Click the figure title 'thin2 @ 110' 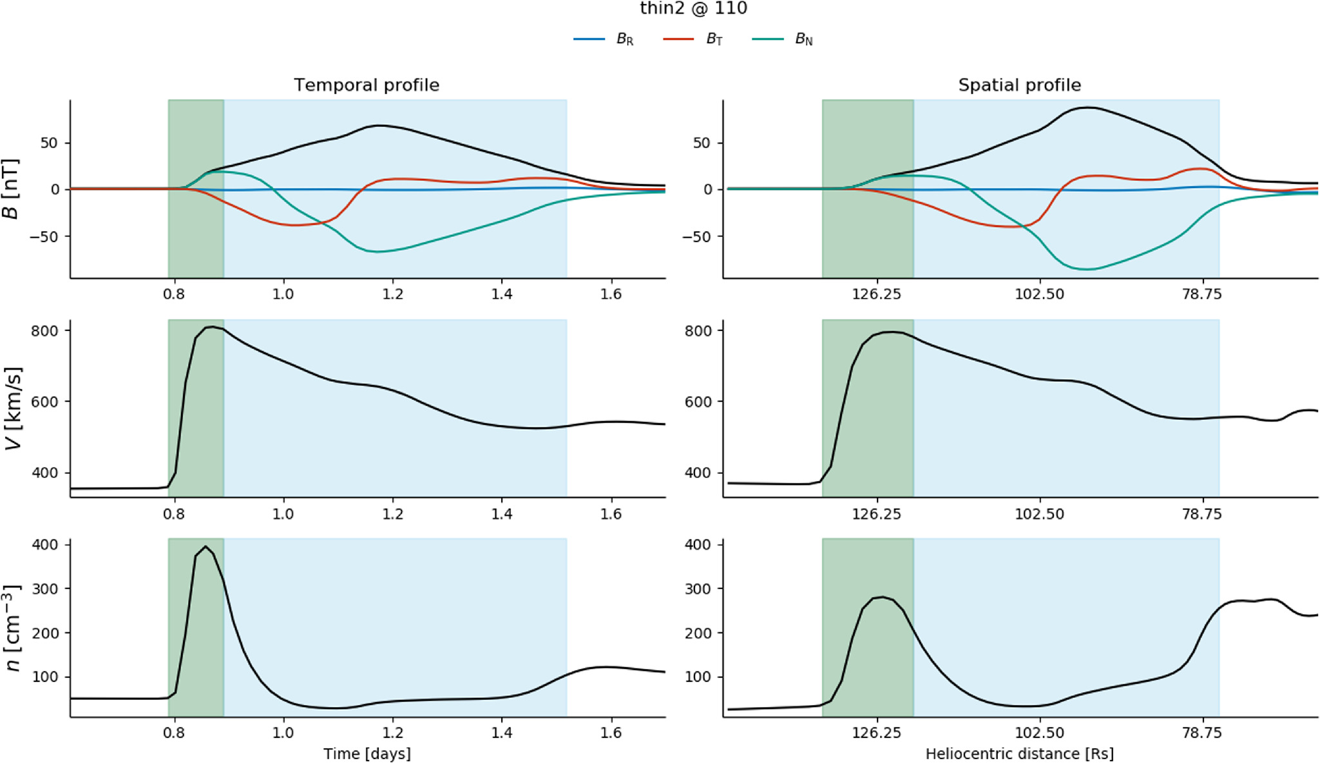[693, 8]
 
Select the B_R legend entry [604, 39]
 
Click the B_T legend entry [693, 39]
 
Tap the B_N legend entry [782, 39]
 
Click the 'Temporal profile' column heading [367, 85]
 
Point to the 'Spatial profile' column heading [1019, 85]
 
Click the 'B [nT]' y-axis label [11, 189]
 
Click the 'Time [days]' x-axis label [367, 753]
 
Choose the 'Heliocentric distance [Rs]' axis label [1019, 753]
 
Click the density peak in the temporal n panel [206, 547]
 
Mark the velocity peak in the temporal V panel [211, 327]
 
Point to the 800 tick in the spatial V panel [698, 330]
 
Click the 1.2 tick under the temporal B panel [392, 294]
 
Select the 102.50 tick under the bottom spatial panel [1039, 733]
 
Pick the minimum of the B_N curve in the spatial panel [1087, 269]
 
